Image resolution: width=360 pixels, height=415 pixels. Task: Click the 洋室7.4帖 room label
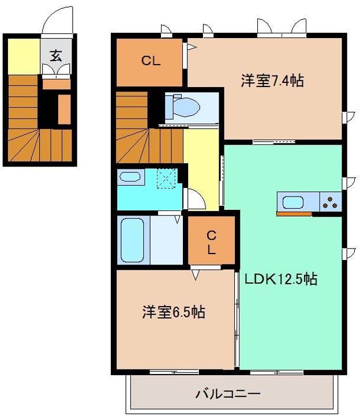tap(272, 81)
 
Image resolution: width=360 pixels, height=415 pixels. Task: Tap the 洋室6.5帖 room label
tap(174, 312)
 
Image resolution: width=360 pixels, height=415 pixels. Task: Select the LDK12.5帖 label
tap(280, 279)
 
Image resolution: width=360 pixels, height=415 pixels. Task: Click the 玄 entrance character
tap(56, 56)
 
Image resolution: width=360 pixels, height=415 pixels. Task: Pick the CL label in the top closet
tap(151, 61)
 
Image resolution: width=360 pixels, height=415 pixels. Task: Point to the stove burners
tap(330, 202)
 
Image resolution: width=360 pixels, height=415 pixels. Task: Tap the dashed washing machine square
tap(167, 178)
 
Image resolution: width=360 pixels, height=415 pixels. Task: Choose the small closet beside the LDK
tap(212, 242)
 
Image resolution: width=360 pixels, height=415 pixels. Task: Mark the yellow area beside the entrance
tap(22, 55)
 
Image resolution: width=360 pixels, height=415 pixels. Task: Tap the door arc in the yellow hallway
tap(195, 199)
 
